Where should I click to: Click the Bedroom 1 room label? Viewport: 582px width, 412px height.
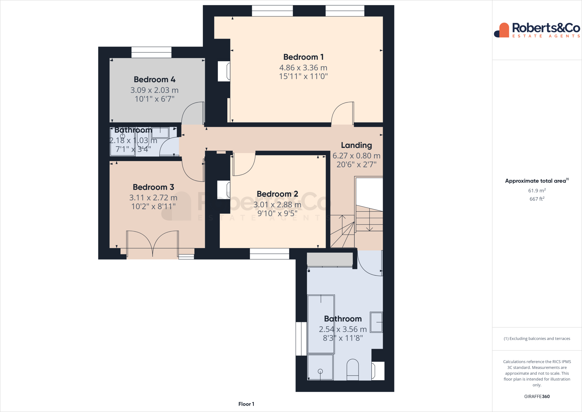coord(303,57)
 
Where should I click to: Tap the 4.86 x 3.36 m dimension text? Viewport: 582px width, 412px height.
coord(303,68)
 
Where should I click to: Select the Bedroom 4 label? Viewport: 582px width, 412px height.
coord(154,79)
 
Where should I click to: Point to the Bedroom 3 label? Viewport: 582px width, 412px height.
coord(153,187)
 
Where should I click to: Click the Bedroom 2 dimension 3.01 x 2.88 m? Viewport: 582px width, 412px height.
coord(277,205)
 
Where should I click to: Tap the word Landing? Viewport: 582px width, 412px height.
coord(356,145)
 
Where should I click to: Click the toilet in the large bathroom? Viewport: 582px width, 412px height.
coord(353,370)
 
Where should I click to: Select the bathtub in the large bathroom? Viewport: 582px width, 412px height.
coord(321,324)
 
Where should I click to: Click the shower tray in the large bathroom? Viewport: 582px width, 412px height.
coord(320,367)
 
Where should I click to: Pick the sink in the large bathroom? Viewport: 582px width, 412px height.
coord(376,322)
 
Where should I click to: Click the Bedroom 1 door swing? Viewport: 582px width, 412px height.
coord(342,113)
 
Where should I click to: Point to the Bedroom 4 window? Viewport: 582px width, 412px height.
coord(151,53)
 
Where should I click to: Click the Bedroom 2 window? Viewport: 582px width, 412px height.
coord(269,254)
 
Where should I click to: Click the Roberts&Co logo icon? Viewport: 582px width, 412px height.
coord(502,30)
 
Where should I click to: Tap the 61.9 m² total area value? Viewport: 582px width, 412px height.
coord(537,191)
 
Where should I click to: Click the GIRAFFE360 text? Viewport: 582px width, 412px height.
coord(537,396)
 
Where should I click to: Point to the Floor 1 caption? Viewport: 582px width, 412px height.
coord(246,404)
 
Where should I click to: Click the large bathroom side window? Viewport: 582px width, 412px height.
coord(301,339)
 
